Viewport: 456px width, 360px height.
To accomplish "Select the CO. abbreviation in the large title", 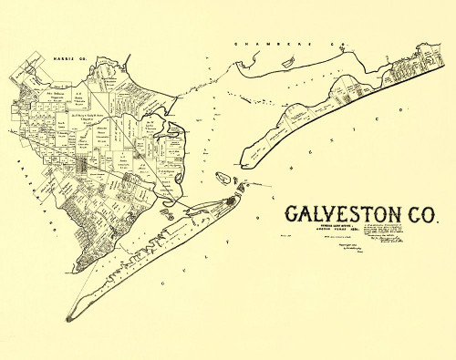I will point(419,215).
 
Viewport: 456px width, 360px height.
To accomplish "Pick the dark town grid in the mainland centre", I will point(88,167).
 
